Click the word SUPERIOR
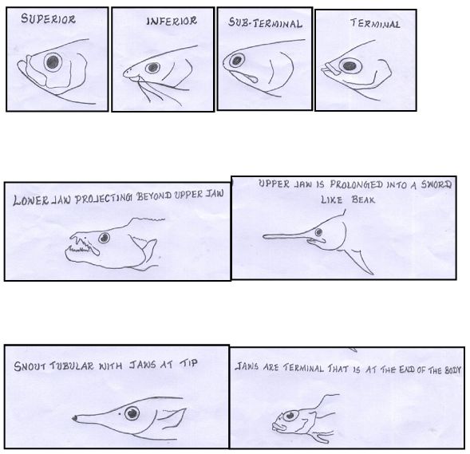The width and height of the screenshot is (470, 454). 48,19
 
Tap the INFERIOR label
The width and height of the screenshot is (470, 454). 172,21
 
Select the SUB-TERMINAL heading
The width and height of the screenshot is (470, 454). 265,23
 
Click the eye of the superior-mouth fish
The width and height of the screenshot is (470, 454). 53,62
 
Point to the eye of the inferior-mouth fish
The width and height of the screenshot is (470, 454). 152,68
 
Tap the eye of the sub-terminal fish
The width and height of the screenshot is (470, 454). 237,61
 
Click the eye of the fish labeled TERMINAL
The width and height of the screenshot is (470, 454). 350,65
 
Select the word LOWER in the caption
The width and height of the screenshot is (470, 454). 30,200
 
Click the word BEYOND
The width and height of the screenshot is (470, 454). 154,196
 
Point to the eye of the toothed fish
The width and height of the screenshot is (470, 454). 105,238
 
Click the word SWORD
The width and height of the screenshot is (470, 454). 436,184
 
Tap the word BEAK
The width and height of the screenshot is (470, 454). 363,199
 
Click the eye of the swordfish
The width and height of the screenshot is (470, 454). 319,232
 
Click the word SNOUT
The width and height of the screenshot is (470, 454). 30,366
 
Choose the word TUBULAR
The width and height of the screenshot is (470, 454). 72,366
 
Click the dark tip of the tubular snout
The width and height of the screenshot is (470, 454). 74,418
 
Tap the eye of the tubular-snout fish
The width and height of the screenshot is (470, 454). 132,413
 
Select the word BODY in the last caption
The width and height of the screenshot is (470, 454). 452,370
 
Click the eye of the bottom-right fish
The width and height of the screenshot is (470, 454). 290,416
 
